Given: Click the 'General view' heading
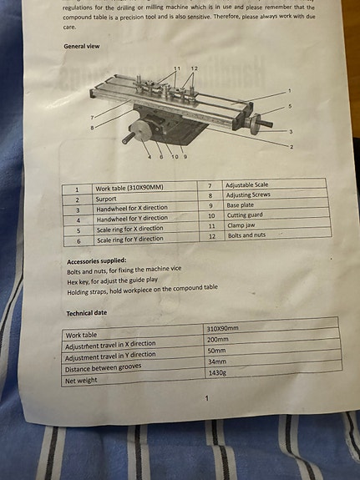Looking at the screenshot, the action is coord(82,46).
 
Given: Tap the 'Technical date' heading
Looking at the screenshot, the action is coord(87,313).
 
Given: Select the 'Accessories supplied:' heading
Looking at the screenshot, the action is coord(97,261).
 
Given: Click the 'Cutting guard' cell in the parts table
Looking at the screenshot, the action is coord(245,215).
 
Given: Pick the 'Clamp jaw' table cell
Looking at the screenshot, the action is coord(241,225).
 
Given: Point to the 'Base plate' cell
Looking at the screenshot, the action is coord(241,205).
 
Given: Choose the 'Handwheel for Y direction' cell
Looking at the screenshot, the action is coord(132,219).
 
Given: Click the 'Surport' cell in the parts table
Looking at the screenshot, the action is coord(106,199).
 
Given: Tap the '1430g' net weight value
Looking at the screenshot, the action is coord(217,373).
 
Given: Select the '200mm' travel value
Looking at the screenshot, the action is coord(217,340).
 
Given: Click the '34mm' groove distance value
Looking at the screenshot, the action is coord(217,361).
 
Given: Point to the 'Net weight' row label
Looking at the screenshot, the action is coord(81,381).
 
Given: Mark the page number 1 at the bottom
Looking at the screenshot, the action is coord(207,398).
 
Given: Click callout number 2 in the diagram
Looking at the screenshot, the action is coord(292,147).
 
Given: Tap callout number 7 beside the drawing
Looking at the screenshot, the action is coord(92,118).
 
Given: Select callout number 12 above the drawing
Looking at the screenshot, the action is coord(195,68).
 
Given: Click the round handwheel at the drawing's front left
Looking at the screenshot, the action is coord(140,131).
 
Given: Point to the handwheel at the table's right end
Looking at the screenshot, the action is coord(256,124).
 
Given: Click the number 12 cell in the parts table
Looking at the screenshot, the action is coord(212,236).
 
